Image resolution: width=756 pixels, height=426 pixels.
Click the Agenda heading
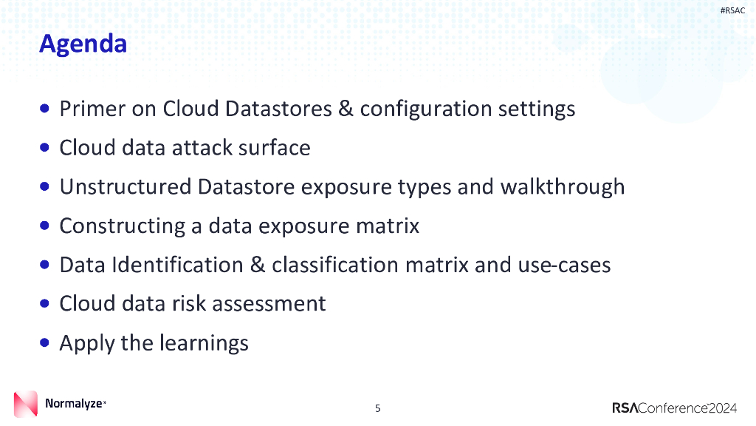coord(83,44)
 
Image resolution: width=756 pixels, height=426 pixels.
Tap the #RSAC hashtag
coord(732,10)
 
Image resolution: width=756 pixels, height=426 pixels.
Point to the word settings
coord(536,109)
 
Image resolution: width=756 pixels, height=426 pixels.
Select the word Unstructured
coord(125,186)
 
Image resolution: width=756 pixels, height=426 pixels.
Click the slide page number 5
coord(378,408)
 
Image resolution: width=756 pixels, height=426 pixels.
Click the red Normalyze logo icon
coord(25,404)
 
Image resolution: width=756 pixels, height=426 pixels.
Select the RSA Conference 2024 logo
coord(674,408)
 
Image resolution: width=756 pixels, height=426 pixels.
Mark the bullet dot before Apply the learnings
coord(46,342)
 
